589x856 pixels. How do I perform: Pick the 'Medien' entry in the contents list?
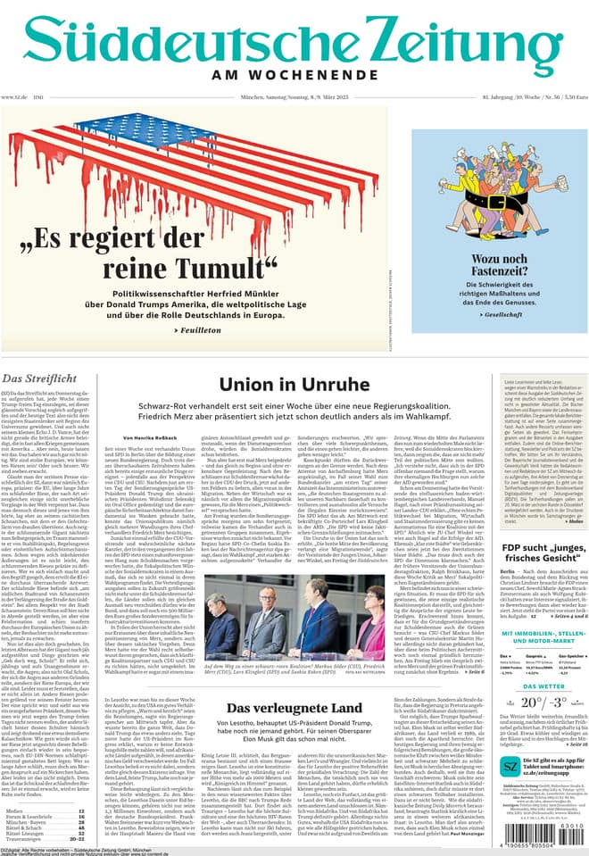pos(16,810)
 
